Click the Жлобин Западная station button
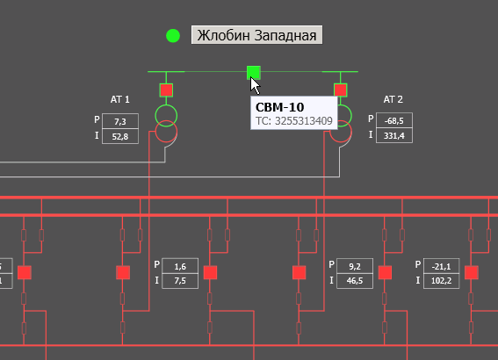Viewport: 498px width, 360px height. point(256,35)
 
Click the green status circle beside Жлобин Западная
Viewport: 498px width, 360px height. point(173,35)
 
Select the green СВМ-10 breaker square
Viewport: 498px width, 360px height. point(254,72)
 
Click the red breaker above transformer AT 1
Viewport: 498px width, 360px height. point(166,90)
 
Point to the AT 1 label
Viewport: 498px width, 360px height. point(119,99)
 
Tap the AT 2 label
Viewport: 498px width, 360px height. point(393,99)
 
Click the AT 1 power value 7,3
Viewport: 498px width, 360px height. point(120,121)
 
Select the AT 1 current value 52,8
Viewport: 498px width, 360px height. point(120,136)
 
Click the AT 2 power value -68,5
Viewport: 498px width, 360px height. point(394,121)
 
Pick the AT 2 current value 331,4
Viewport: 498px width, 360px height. point(394,136)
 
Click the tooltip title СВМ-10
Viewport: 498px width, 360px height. point(280,107)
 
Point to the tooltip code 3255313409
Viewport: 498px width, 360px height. point(304,121)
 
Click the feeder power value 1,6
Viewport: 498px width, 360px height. point(180,266)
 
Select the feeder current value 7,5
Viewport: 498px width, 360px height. point(180,281)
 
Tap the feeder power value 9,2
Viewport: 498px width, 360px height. point(355,266)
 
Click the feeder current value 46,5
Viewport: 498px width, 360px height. point(355,281)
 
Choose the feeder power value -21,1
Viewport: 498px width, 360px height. point(442,266)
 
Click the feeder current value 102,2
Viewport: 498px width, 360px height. point(442,281)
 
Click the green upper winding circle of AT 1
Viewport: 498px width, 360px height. point(166,105)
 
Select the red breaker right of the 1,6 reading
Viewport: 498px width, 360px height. point(210,273)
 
